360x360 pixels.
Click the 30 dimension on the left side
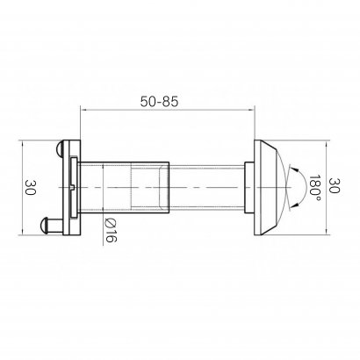pos(30,187)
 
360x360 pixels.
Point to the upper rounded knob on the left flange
pos(60,149)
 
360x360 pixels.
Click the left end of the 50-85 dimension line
pos(82,110)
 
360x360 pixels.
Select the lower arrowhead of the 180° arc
pos(296,204)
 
